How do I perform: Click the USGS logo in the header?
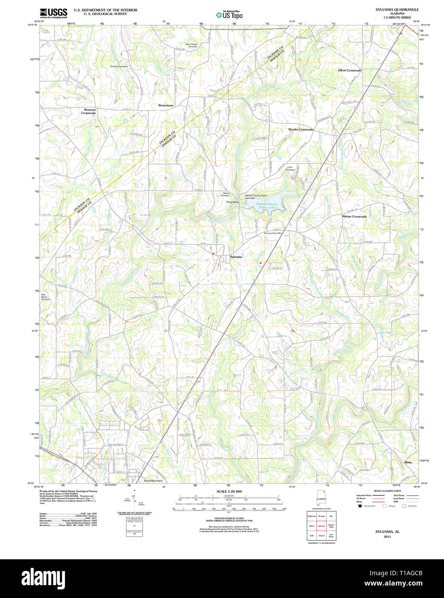tap(53, 12)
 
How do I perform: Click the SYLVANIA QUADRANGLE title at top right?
tap(391, 9)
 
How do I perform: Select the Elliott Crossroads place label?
tap(349, 70)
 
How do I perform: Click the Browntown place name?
tap(166, 105)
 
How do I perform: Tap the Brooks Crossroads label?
tap(301, 129)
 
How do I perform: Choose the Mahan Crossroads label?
tap(355, 216)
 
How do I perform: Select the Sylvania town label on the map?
tap(236, 257)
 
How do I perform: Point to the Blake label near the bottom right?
tap(408, 462)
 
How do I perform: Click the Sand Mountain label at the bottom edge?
tap(153, 481)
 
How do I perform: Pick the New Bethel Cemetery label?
tap(46, 297)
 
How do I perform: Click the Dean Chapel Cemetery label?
tap(191, 45)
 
